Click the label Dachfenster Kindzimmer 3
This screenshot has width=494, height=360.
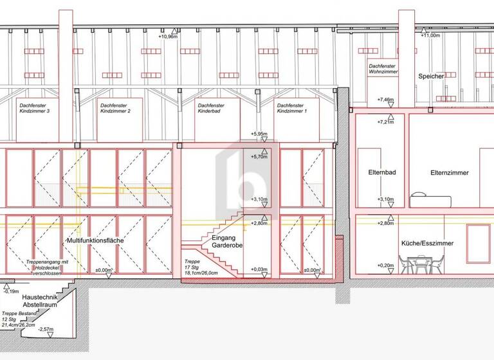(x=35, y=108)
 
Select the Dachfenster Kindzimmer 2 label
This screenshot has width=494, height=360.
(x=116, y=108)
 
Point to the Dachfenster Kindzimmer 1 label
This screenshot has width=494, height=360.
(x=292, y=108)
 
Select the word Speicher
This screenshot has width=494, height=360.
(x=431, y=76)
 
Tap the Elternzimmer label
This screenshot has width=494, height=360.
(x=450, y=173)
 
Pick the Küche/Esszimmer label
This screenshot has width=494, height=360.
(x=427, y=244)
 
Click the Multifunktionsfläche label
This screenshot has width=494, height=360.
(x=95, y=240)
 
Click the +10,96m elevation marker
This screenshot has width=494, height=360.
(x=167, y=37)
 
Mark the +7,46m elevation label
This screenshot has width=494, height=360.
(x=386, y=100)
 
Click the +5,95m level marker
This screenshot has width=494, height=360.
(x=259, y=134)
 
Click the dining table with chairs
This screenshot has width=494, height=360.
(x=420, y=263)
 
